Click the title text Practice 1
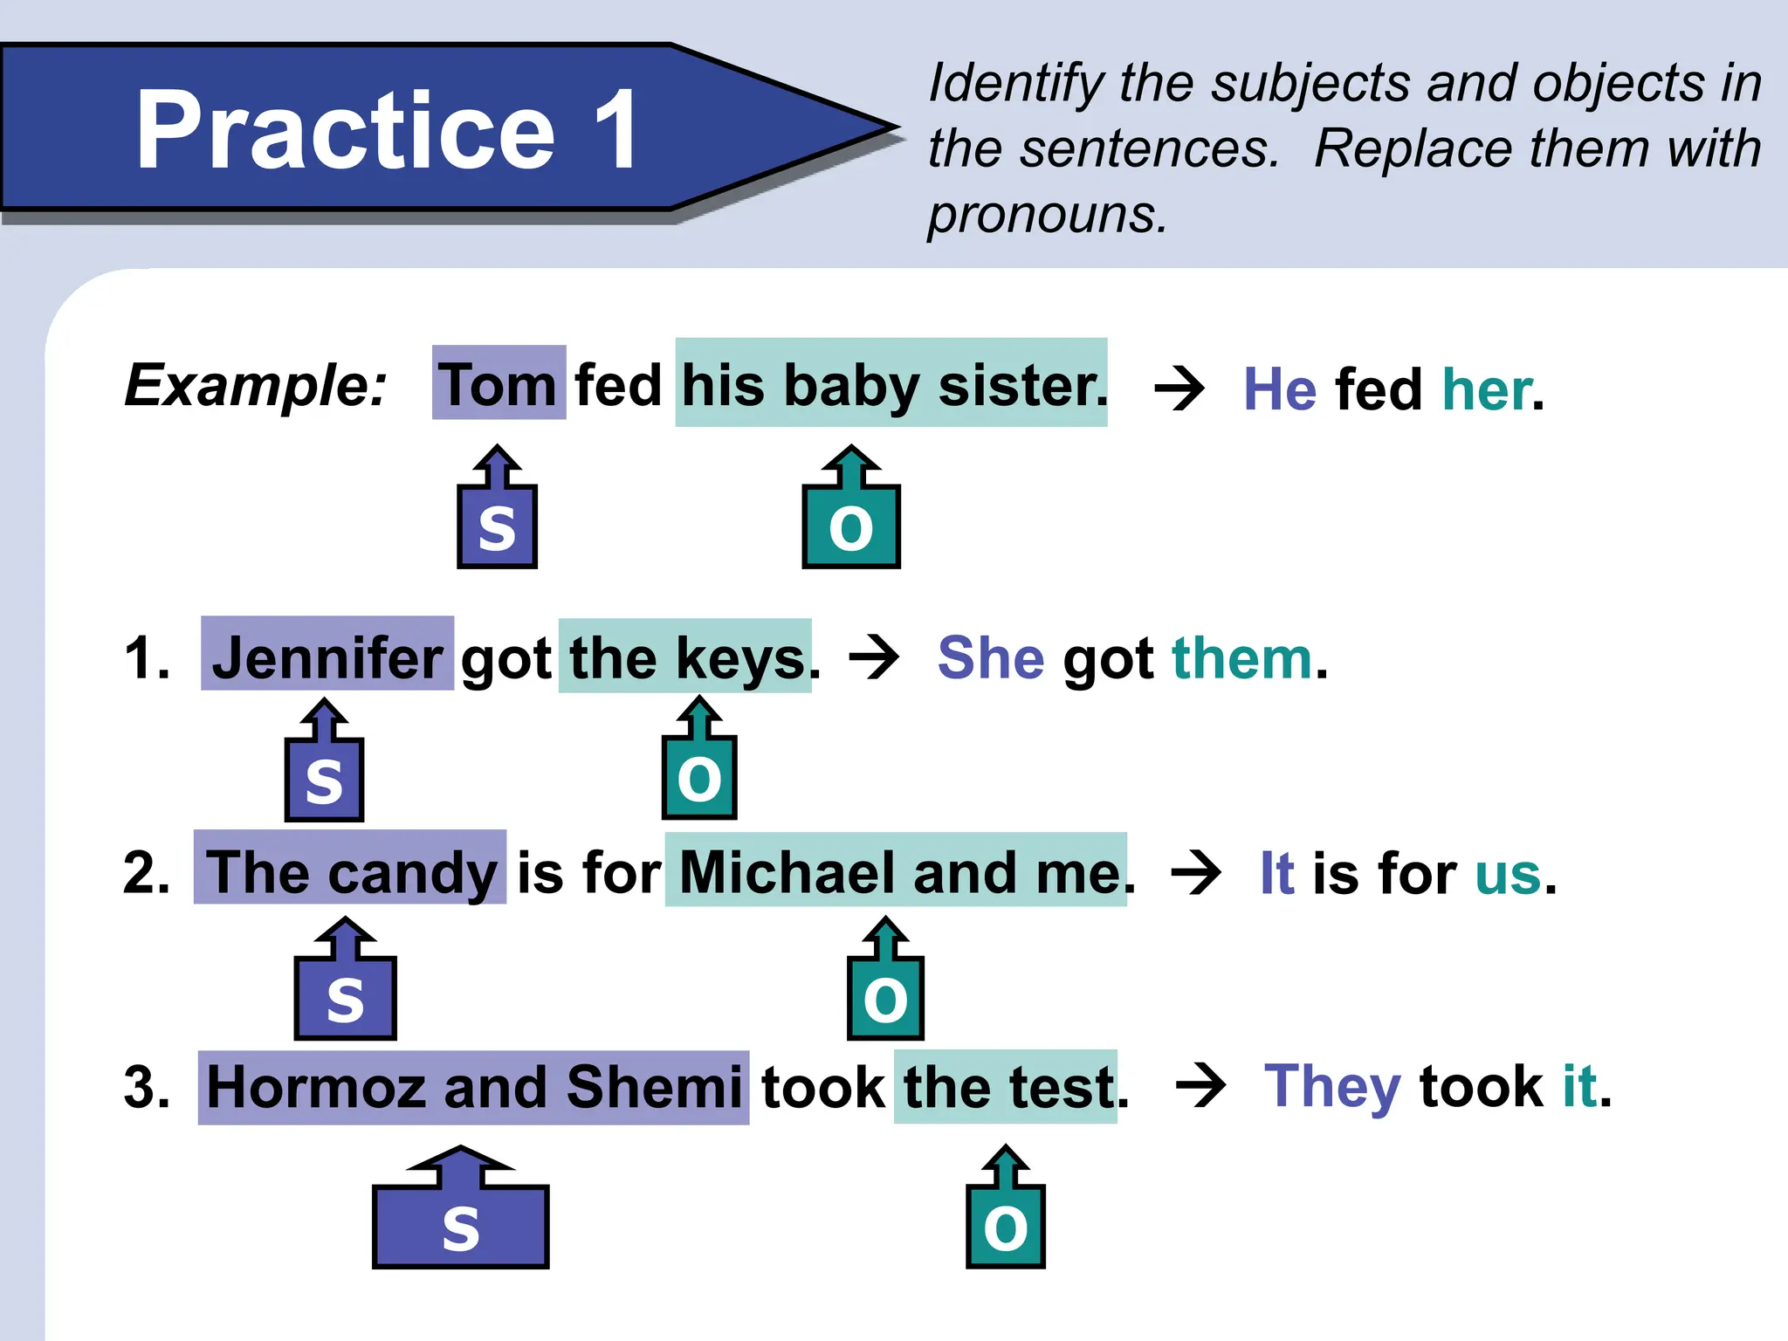(x=388, y=131)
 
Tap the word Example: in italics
(x=256, y=385)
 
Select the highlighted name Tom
(x=499, y=384)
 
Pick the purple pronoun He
(x=1280, y=389)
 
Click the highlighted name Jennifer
(x=327, y=657)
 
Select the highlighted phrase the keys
(x=686, y=657)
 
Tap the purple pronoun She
(x=991, y=657)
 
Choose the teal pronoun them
(x=1242, y=657)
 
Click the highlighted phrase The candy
(x=350, y=870)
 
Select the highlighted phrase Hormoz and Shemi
(x=474, y=1087)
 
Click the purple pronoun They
(x=1332, y=1087)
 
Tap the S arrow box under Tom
(x=498, y=523)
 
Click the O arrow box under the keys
(x=699, y=774)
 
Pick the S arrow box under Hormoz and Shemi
(x=461, y=1222)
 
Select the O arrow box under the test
(x=1006, y=1222)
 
